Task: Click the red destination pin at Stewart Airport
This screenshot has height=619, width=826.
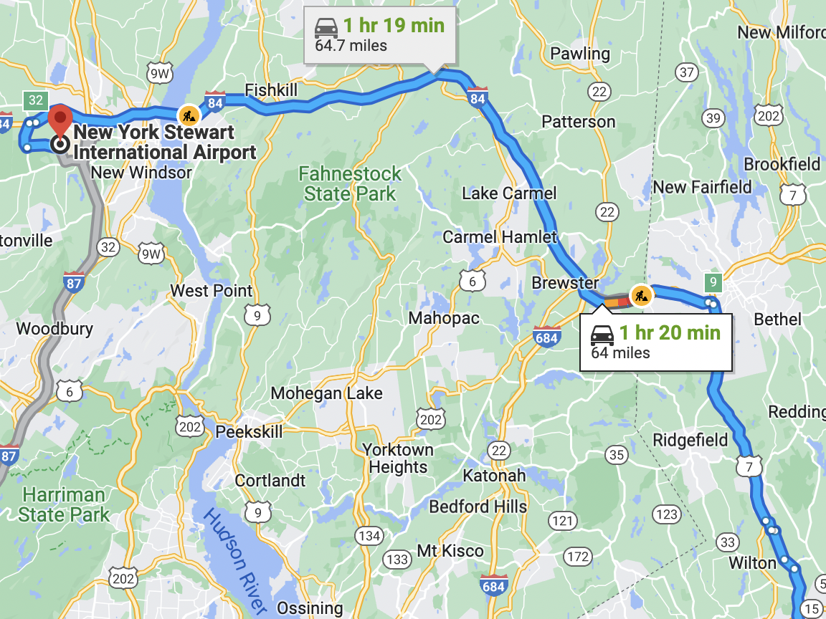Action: (x=60, y=117)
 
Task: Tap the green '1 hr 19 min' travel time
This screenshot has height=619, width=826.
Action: (x=393, y=26)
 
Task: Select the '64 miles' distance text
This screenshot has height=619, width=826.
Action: (x=620, y=352)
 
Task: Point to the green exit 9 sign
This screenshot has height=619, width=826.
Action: (x=712, y=282)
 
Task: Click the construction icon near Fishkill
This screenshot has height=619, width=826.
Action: (x=188, y=114)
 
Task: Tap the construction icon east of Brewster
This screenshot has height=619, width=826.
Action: (x=640, y=294)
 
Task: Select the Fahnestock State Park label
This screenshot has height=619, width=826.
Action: (x=350, y=183)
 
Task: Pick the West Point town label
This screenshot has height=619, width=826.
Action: (x=211, y=291)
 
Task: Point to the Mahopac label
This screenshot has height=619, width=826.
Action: (x=444, y=318)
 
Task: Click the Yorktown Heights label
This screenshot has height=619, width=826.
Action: (x=398, y=459)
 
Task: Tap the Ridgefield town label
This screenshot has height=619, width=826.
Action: (x=690, y=440)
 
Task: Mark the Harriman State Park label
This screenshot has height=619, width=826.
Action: (x=65, y=504)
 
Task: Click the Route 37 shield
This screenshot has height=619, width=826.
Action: (x=687, y=72)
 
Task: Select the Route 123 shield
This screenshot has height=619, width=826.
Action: (x=667, y=514)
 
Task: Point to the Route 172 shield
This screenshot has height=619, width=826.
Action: (x=577, y=557)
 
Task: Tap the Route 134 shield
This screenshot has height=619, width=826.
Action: (x=370, y=535)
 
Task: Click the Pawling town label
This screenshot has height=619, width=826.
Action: (x=579, y=54)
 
